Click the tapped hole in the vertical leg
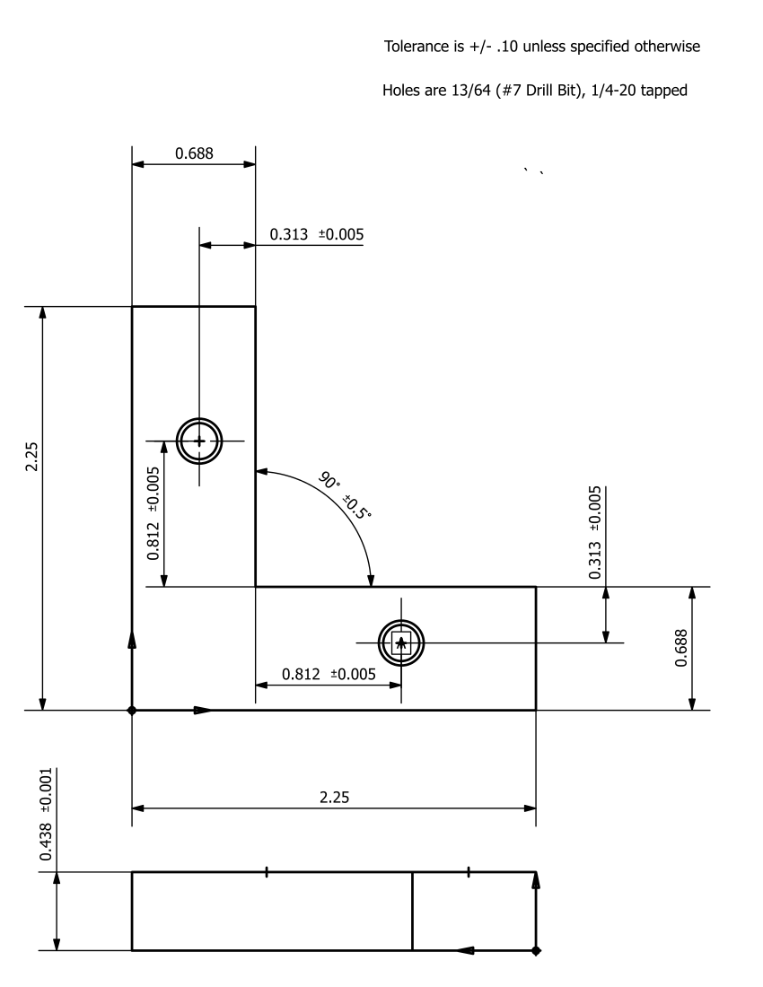tap(198, 441)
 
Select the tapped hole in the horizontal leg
tap(400, 642)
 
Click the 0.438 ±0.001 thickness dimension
tap(46, 815)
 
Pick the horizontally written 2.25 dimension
tap(333, 798)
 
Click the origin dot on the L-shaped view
tap(132, 710)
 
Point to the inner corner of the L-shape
tap(256, 587)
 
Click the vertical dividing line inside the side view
tap(412, 910)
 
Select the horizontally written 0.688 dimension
tap(194, 153)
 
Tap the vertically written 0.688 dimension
tap(681, 648)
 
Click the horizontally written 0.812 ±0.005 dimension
tap(329, 674)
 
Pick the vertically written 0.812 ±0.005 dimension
tap(153, 513)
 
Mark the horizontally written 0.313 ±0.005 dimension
tap(316, 234)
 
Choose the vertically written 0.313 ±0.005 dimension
tap(595, 532)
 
